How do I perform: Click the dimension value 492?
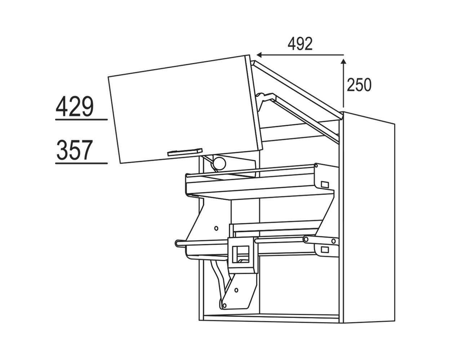(300, 44)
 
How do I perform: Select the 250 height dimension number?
(359, 85)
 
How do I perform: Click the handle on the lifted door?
(185, 152)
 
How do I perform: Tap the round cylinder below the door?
(218, 163)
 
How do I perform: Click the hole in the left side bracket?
(216, 228)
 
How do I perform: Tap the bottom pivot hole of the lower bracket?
(224, 305)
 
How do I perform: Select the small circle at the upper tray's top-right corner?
(316, 166)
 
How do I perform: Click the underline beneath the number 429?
(81, 119)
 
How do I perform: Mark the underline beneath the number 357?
(81, 163)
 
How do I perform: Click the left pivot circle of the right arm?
(306, 239)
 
